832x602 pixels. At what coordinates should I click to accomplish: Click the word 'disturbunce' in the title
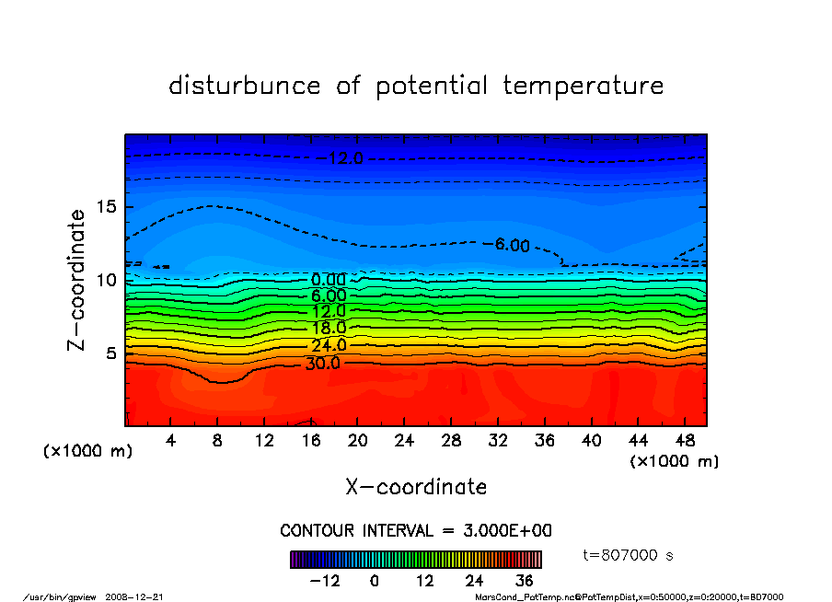(245, 86)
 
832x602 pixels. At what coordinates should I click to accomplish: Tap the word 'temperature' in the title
(584, 86)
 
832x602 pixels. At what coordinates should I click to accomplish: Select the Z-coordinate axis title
(77, 280)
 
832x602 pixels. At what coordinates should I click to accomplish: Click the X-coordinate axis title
(416, 487)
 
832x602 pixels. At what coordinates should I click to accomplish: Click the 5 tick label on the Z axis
(110, 353)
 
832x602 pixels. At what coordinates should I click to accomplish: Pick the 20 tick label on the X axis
(358, 441)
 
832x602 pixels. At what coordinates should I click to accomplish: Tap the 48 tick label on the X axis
(685, 441)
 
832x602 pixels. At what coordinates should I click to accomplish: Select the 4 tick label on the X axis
(171, 441)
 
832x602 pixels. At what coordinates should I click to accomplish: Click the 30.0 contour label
(323, 363)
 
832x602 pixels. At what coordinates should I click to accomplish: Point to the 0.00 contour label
(329, 280)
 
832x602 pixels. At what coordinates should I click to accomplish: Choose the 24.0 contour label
(329, 346)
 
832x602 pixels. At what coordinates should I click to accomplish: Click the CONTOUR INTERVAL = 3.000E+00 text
(416, 531)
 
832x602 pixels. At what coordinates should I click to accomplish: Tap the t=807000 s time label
(629, 555)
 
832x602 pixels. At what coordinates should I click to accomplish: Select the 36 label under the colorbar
(524, 581)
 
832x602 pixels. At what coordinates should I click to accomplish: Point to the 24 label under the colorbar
(474, 581)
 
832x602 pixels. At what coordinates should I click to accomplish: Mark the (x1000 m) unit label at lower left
(88, 452)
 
